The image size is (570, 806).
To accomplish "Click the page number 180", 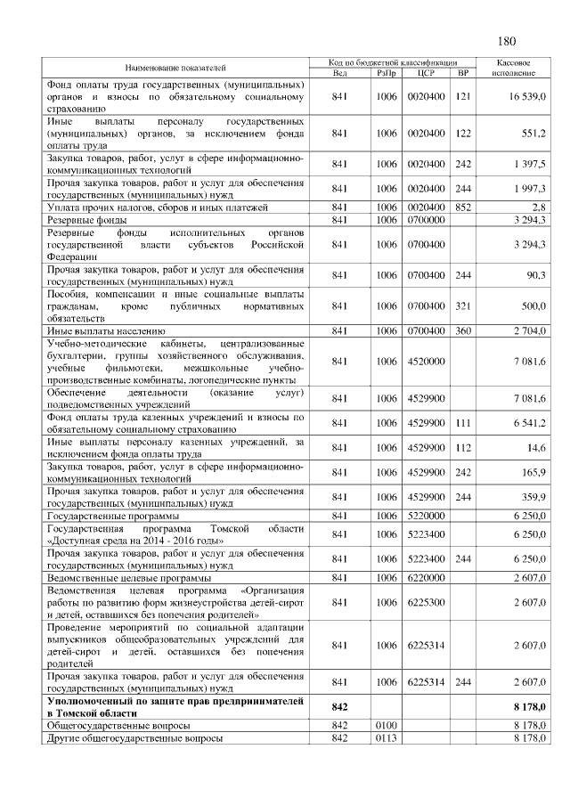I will pyautogui.click(x=506, y=41).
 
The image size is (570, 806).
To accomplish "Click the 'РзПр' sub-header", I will pyautogui.click(x=386, y=72).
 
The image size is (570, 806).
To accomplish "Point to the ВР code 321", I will pyautogui.click(x=461, y=306).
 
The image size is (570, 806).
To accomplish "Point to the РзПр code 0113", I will pyautogui.click(x=386, y=738).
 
